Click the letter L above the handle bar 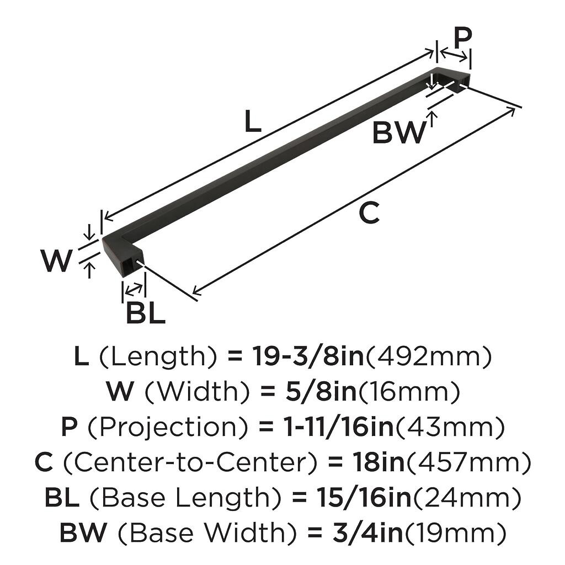coord(252,121)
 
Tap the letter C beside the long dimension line coord(369,213)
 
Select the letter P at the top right coord(462,38)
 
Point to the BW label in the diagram coord(399,132)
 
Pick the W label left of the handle coord(56,261)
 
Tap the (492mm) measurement coord(428,357)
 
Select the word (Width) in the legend coord(197,392)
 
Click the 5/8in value coord(321,392)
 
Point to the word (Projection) coord(168,428)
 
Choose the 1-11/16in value coord(339,428)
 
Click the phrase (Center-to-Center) coord(190,463)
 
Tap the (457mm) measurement coord(468,463)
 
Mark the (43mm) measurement coord(450,428)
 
